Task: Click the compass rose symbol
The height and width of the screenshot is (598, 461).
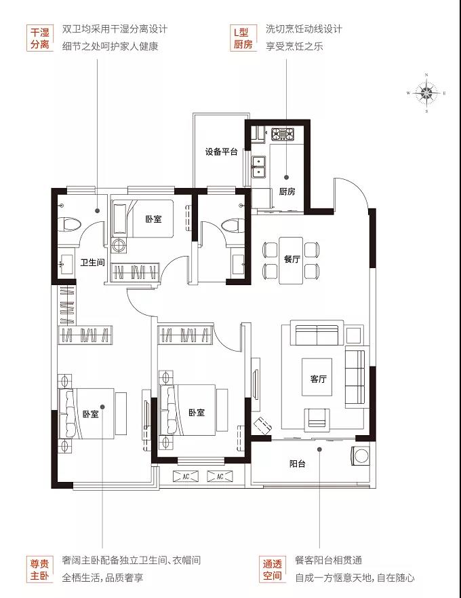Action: pos(426,93)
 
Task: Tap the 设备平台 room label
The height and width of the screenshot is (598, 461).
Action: pos(222,151)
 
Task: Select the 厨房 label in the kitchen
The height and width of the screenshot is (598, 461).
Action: pos(287,191)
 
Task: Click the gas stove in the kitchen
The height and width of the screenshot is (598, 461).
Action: pos(283,134)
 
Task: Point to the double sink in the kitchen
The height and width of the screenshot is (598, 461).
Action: pos(259,167)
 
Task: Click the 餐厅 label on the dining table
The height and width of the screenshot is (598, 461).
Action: pos(292,259)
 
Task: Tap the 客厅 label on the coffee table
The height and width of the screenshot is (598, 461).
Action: pos(318,379)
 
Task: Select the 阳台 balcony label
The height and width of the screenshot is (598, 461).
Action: pos(297,464)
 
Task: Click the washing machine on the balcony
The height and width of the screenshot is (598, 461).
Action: pos(361,456)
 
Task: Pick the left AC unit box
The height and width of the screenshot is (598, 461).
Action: pos(186,476)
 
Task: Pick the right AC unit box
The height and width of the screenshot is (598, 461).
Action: pos(220,476)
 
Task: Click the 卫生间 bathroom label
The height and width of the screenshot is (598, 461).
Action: pos(93,263)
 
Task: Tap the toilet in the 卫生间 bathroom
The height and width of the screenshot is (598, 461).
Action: pos(71,224)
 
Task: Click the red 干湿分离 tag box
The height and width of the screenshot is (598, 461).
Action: pos(39,38)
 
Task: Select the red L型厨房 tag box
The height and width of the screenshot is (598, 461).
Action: pos(243,38)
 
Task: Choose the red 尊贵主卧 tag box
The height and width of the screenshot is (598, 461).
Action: pos(39,569)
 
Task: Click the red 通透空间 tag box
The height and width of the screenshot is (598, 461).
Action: pos(272,569)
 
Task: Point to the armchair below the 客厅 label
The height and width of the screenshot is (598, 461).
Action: pos(317,418)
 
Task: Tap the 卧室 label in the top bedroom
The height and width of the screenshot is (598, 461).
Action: pos(153,219)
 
